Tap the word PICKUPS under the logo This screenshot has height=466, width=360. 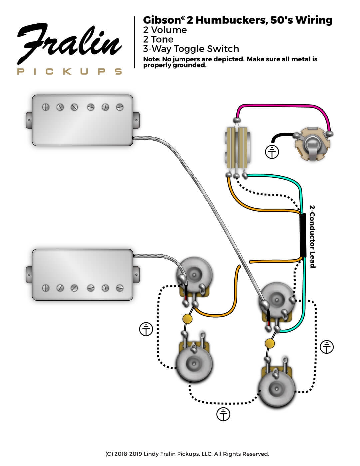[x=69, y=71]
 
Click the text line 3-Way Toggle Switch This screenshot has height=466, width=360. [x=191, y=49]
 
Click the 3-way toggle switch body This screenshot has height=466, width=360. [x=238, y=150]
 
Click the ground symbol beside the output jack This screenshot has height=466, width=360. [x=272, y=152]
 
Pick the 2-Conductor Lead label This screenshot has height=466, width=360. [x=312, y=236]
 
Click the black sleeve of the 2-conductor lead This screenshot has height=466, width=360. [x=303, y=235]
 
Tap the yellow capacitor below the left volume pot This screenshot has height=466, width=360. [x=188, y=319]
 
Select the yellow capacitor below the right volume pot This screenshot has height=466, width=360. [x=270, y=342]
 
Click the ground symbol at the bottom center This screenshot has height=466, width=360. [x=223, y=414]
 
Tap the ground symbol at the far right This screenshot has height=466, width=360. [x=326, y=347]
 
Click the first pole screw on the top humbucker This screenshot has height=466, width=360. [x=46, y=107]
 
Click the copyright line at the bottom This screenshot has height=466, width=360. [x=187, y=454]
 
